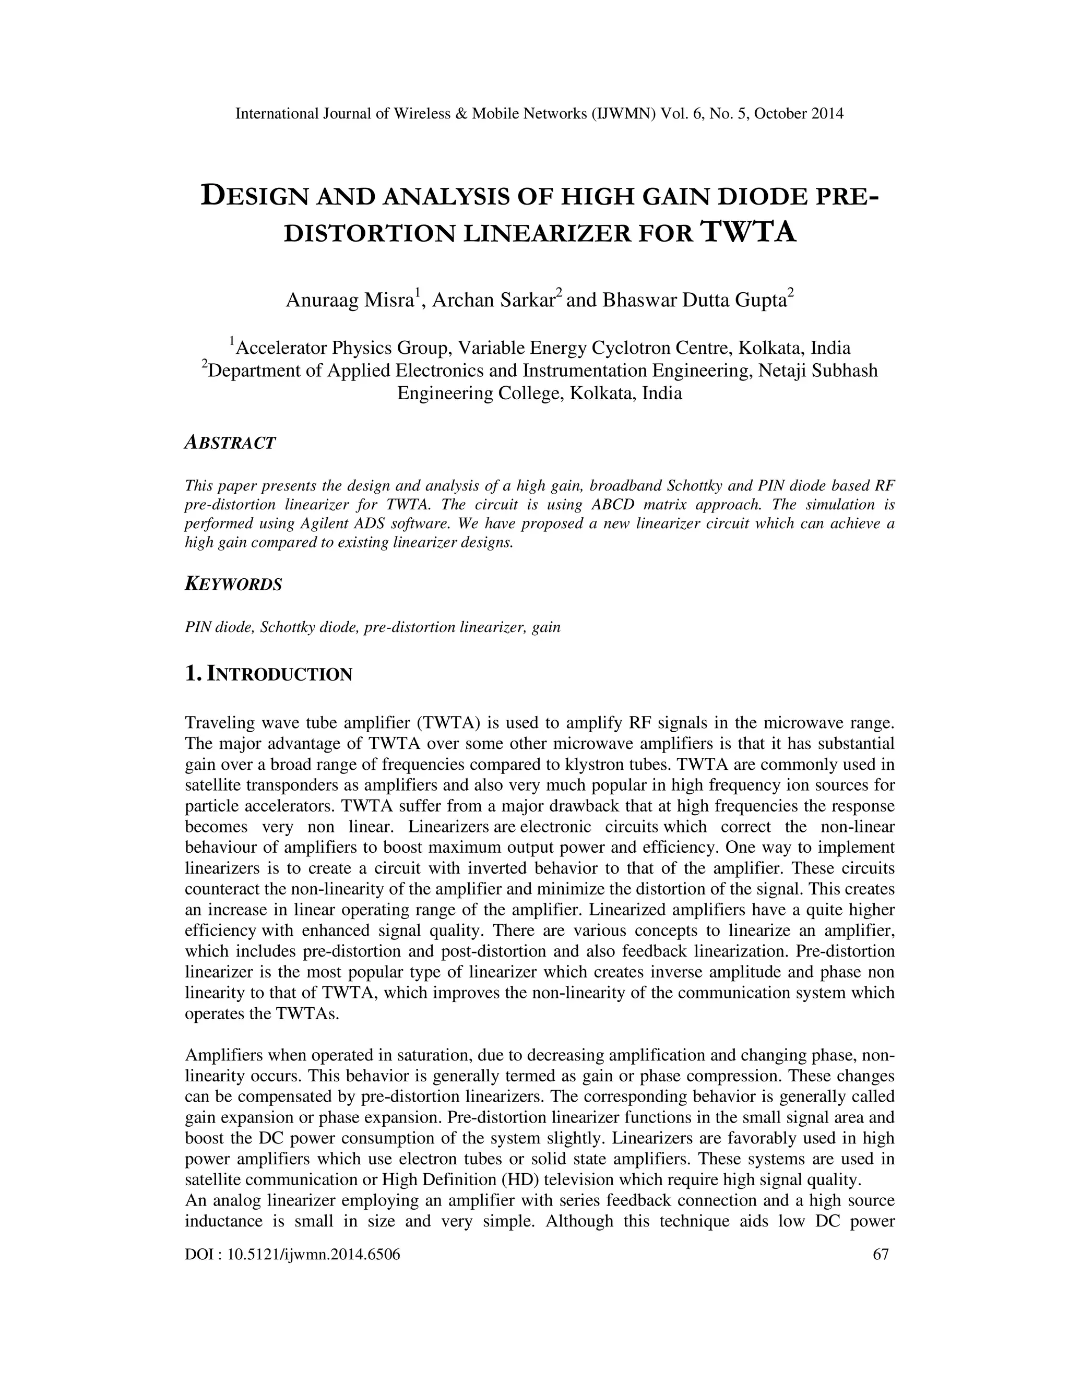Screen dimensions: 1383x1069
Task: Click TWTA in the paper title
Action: [749, 232]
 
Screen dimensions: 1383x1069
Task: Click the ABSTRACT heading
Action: [230, 443]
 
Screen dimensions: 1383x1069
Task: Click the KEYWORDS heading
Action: [233, 585]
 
